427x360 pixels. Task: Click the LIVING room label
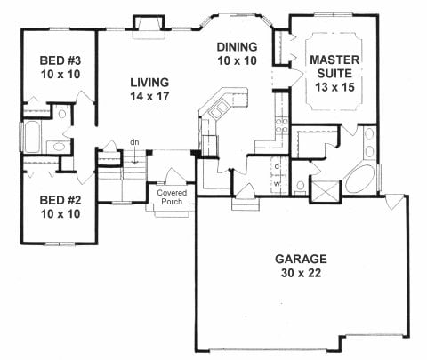[x=149, y=83]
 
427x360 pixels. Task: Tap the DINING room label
[x=238, y=47]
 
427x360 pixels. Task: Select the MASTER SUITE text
[x=334, y=67]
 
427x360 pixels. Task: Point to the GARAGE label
[x=301, y=259]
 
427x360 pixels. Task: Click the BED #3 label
[x=60, y=60]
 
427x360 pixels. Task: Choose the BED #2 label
[x=60, y=200]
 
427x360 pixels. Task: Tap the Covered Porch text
[x=172, y=197]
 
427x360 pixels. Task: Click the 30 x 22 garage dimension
[x=301, y=273]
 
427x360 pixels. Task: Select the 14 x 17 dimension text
[x=149, y=96]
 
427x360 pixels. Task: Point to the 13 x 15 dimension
[x=334, y=87]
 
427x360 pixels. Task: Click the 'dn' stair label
[x=134, y=142]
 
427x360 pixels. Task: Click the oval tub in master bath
[x=359, y=179]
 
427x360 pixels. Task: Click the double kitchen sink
[x=219, y=108]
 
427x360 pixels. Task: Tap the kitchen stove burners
[x=281, y=125]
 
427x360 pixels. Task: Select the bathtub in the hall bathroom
[x=32, y=137]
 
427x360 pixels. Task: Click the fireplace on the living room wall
[x=149, y=28]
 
